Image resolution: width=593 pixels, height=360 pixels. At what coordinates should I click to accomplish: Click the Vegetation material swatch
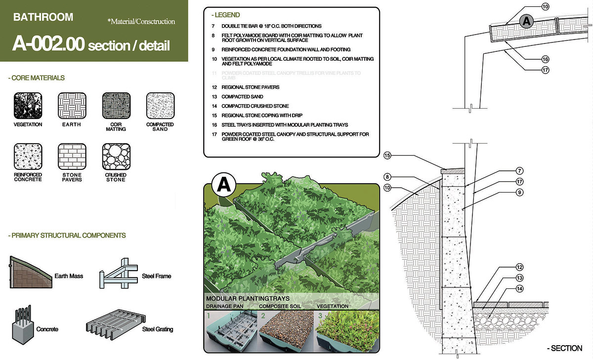click(x=28, y=106)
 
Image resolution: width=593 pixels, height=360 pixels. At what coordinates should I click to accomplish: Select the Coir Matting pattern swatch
click(x=116, y=106)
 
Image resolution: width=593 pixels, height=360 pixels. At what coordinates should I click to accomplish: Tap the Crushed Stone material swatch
click(x=116, y=157)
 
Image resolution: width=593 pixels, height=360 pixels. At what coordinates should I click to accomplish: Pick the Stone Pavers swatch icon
click(x=72, y=157)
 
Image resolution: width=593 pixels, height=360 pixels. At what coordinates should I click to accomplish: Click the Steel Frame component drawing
click(x=119, y=273)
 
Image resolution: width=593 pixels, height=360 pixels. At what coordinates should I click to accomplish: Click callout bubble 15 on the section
click(x=387, y=156)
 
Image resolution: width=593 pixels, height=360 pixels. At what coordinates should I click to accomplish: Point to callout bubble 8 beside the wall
click(x=387, y=177)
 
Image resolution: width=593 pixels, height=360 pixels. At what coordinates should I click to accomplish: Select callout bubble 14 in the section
click(x=519, y=288)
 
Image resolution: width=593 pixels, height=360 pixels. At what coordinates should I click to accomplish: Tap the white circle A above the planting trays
click(x=223, y=186)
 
